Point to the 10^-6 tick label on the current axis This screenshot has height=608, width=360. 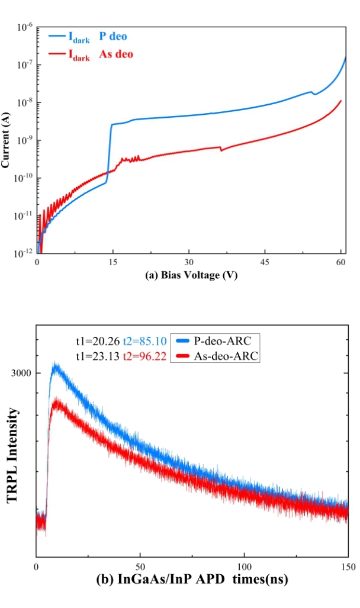click(x=24, y=27)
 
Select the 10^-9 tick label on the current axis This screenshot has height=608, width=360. click(x=24, y=140)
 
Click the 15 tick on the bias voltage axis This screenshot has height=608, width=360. click(x=112, y=261)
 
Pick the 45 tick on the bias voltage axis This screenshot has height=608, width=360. click(x=264, y=261)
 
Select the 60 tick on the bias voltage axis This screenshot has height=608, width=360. click(x=340, y=261)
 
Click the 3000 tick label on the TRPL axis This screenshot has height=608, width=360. click(x=22, y=373)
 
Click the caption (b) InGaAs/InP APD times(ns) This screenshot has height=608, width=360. click(x=192, y=580)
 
